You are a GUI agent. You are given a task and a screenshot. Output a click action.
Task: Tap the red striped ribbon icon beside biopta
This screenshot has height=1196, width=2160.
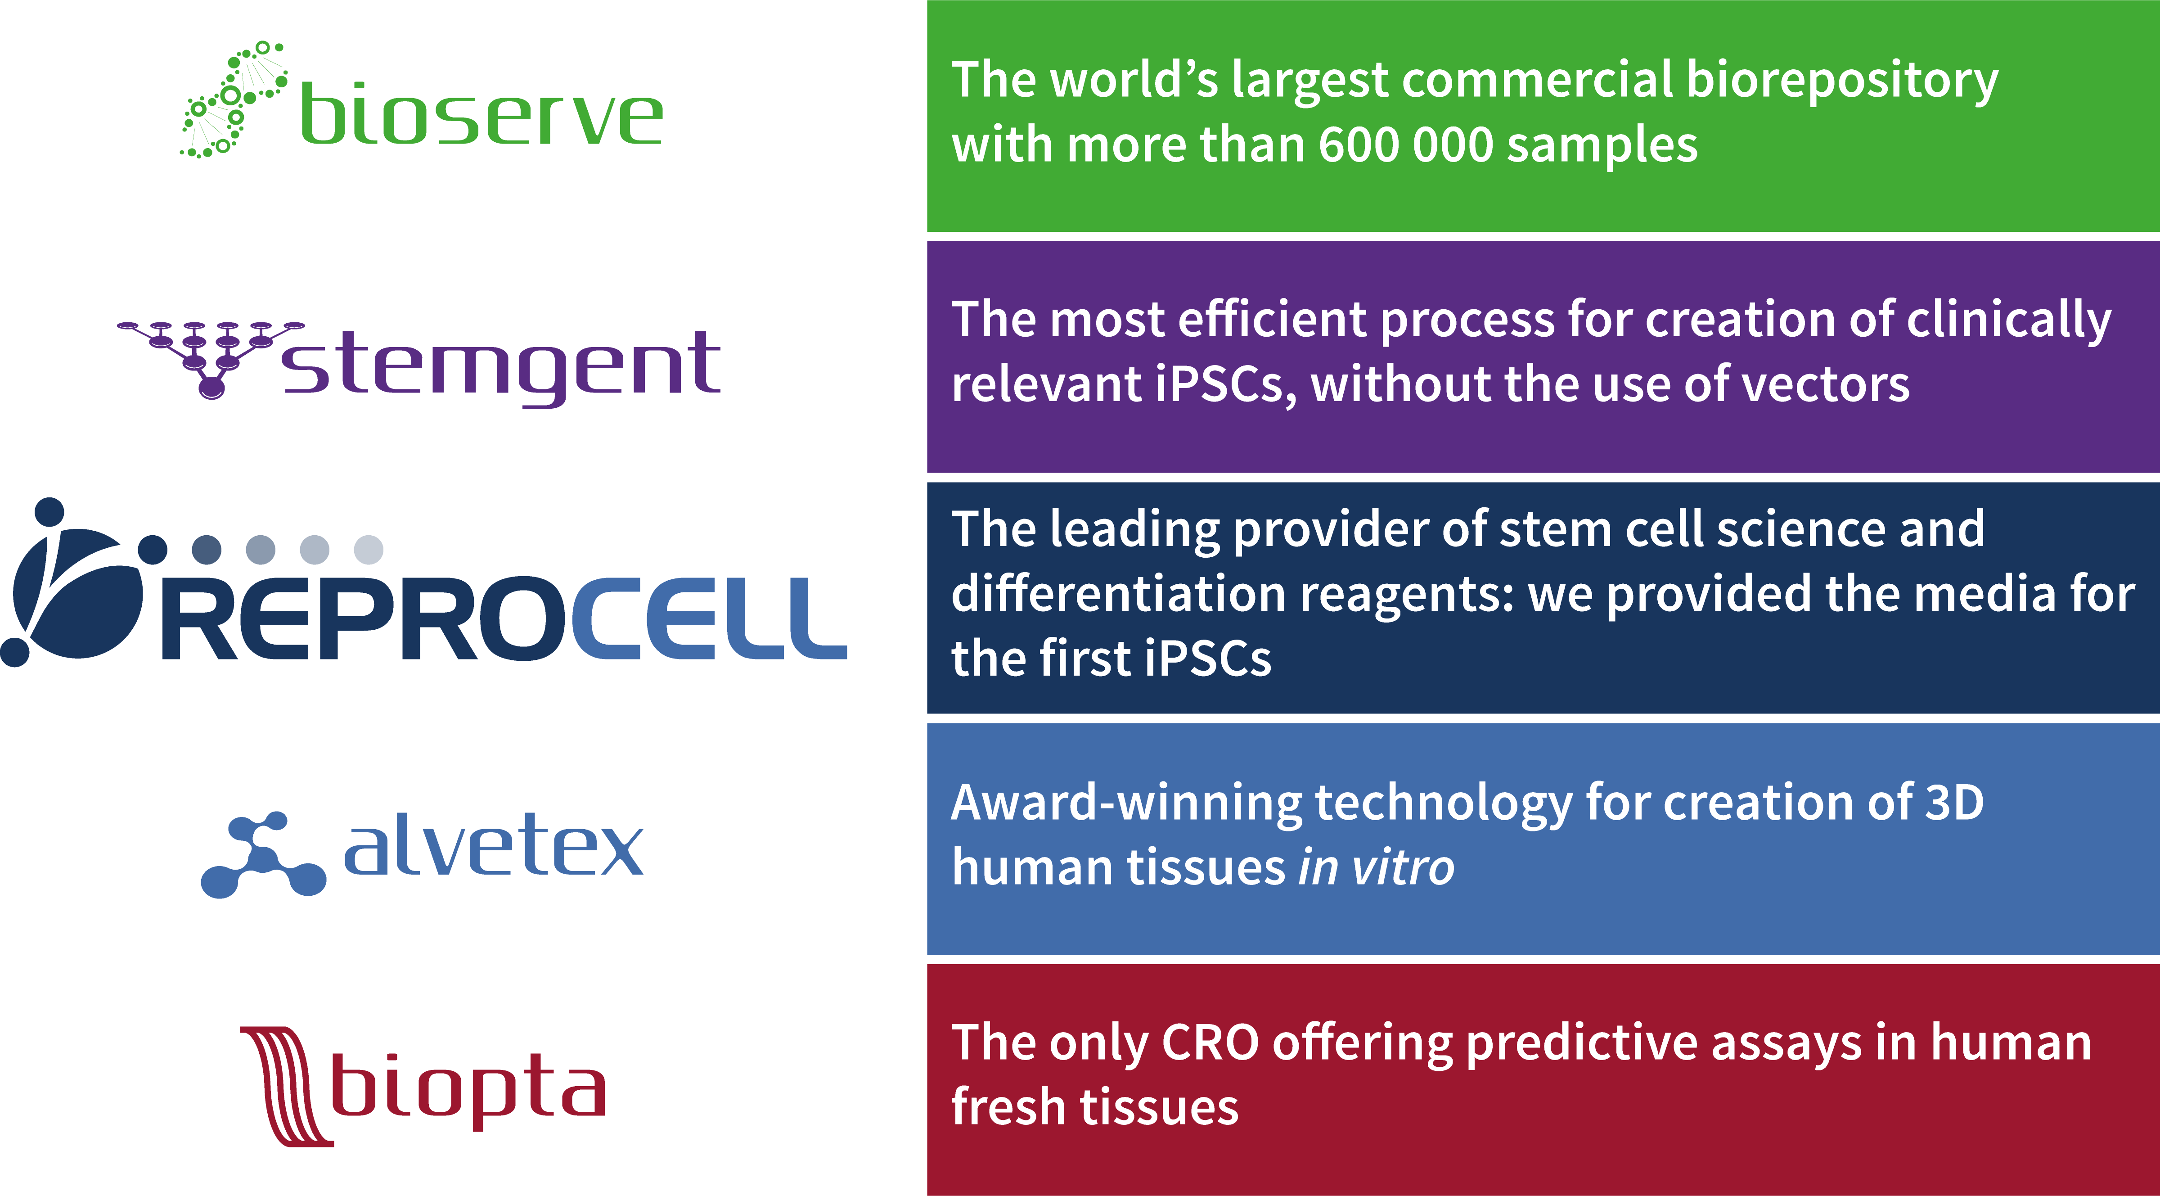coord(285,1086)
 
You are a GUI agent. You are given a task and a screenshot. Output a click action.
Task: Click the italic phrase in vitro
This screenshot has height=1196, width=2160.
coord(1376,867)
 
